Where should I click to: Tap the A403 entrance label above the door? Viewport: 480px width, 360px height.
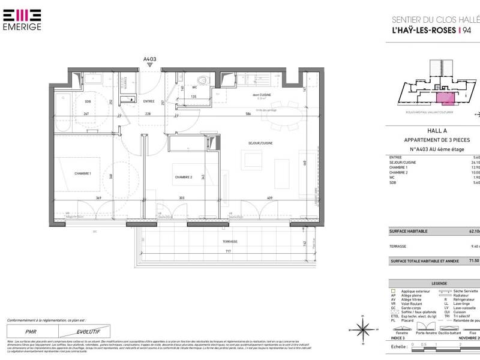click(x=149, y=59)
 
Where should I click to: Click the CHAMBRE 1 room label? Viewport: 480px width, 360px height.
click(x=82, y=173)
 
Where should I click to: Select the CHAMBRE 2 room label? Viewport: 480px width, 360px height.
click(x=184, y=177)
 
